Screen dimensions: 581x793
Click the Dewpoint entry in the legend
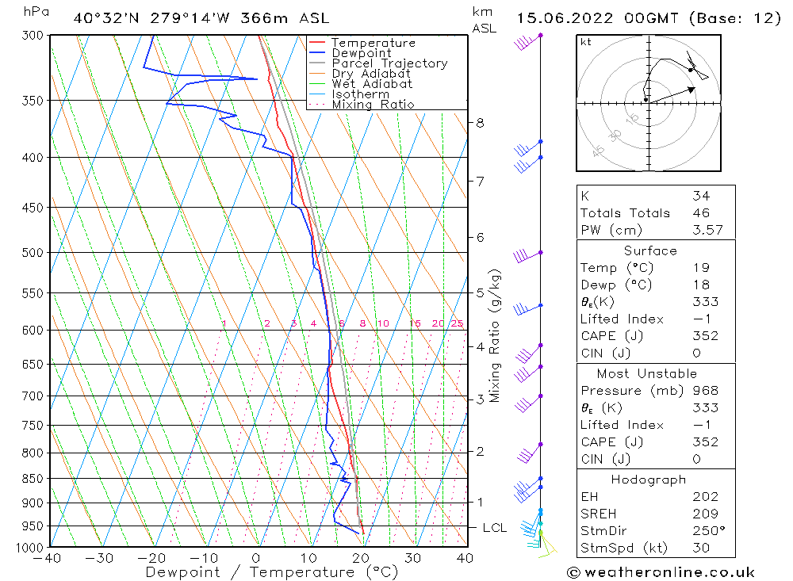(361, 53)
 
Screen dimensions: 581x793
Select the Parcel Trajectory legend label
(389, 63)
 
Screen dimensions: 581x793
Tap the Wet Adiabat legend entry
(372, 84)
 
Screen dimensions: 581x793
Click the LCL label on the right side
(494, 528)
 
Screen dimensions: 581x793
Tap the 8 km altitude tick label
(480, 123)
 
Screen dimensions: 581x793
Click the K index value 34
(700, 196)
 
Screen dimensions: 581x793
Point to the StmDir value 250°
(704, 531)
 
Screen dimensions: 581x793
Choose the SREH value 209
(704, 514)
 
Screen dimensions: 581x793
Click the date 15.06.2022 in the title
(557, 18)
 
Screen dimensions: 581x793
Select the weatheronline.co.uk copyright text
(661, 571)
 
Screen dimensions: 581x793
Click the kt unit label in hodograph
(586, 42)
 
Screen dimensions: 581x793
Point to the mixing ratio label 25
(457, 323)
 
